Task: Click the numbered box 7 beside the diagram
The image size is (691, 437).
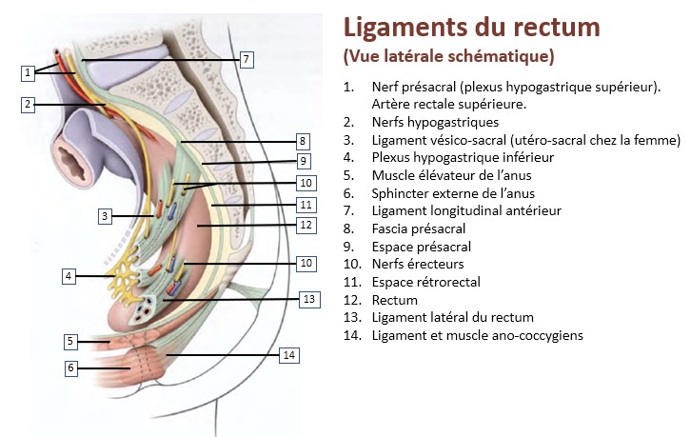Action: [x=246, y=60]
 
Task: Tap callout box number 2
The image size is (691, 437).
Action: [x=29, y=104]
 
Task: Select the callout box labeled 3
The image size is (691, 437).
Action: [x=105, y=216]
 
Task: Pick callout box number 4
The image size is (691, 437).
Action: [x=69, y=276]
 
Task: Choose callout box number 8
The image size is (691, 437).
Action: [x=302, y=141]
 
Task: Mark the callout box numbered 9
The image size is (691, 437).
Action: [x=303, y=161]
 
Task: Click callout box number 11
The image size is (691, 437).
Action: [x=305, y=204]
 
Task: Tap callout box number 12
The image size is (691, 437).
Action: [x=305, y=226]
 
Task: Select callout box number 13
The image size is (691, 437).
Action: [x=307, y=299]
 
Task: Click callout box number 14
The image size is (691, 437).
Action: [x=289, y=354]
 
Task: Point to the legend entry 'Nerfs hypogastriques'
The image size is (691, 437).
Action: [x=435, y=121]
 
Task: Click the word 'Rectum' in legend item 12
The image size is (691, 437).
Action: [x=396, y=299]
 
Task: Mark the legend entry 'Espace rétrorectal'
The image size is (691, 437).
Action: [x=426, y=281]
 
